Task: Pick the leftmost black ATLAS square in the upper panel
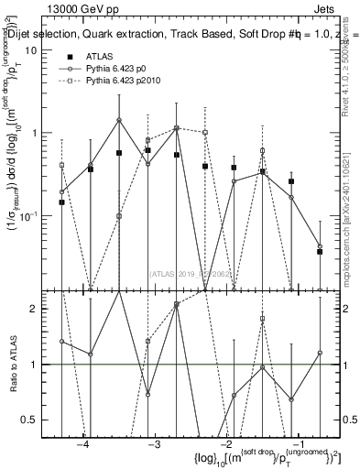(61, 202)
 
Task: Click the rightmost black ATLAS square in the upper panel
(320, 251)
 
